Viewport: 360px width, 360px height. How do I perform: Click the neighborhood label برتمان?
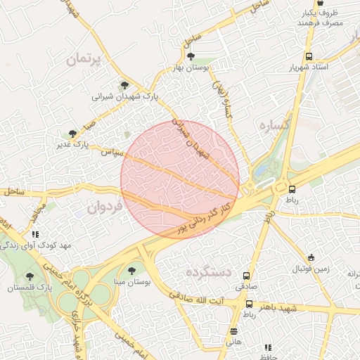[x=84, y=60]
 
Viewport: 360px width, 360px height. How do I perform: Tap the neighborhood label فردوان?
[x=105, y=207]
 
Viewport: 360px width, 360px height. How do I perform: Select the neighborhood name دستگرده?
[x=209, y=271]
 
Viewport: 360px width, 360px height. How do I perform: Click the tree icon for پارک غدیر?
[x=72, y=134]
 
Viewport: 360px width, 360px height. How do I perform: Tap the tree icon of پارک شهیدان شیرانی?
[x=125, y=84]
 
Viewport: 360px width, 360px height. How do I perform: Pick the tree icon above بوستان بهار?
[x=191, y=57]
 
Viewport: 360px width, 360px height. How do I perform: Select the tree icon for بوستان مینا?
[x=131, y=270]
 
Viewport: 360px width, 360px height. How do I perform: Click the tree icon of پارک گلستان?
[x=30, y=276]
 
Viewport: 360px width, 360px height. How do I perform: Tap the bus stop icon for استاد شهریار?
[x=309, y=57]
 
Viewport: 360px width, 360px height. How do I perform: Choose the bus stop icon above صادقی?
[x=247, y=276]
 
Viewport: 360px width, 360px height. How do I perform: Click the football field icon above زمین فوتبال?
[x=311, y=257]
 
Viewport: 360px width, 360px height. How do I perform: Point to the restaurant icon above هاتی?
[x=233, y=331]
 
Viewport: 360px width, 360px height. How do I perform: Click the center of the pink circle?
[x=180, y=179]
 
